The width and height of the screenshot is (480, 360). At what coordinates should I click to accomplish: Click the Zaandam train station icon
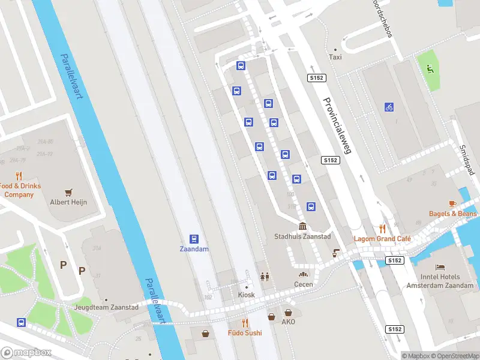[194, 239]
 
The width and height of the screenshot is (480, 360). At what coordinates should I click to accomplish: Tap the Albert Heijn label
[68, 202]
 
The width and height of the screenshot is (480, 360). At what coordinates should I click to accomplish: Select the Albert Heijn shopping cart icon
[68, 192]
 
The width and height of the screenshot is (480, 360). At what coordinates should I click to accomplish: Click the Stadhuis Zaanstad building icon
[302, 226]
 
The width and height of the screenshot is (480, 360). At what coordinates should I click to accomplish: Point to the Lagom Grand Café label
[382, 239]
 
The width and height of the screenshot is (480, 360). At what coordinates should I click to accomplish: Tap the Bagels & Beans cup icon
[453, 204]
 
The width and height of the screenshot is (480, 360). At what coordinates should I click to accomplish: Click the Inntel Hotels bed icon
[440, 266]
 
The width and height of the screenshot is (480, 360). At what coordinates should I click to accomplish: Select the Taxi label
[335, 58]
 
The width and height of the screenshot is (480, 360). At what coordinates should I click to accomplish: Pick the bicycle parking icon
[389, 107]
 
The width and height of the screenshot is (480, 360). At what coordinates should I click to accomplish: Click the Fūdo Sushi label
[245, 332]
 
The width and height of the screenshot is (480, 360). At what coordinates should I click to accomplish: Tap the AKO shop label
[289, 322]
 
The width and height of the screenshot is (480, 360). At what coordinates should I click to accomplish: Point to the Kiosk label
[246, 295]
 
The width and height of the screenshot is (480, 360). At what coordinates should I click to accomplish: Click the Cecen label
[304, 284]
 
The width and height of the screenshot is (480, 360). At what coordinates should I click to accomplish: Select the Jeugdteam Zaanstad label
[106, 307]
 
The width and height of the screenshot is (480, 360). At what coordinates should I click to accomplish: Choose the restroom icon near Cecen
[265, 277]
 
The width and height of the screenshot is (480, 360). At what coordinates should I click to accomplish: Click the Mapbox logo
[26, 353]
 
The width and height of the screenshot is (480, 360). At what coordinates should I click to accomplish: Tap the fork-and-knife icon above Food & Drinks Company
[19, 176]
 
